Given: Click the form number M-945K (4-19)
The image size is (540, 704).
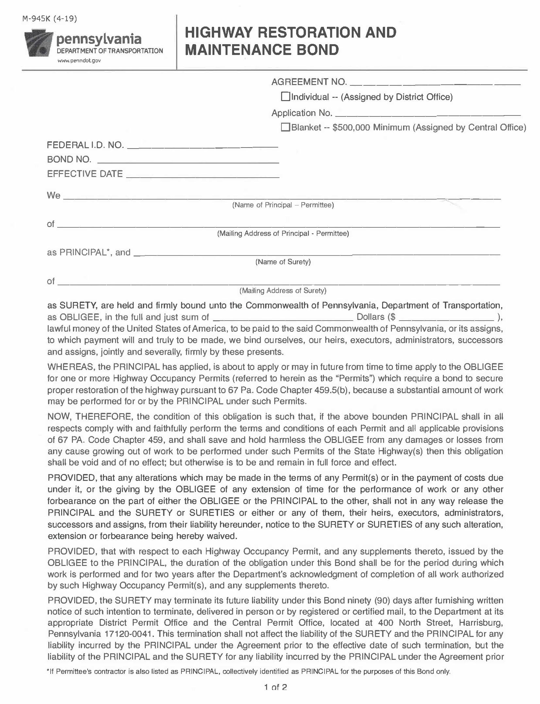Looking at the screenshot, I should click(50, 19).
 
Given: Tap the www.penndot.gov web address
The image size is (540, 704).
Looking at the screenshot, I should click(79, 61).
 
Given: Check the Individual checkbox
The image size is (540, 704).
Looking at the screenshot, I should click(286, 97).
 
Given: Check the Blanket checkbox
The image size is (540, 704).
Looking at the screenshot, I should click(286, 127).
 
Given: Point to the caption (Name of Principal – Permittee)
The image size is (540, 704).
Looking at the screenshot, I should click(283, 205).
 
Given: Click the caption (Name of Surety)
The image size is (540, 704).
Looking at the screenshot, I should click(283, 262).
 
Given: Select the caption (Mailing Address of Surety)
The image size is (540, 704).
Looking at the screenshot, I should click(283, 290).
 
